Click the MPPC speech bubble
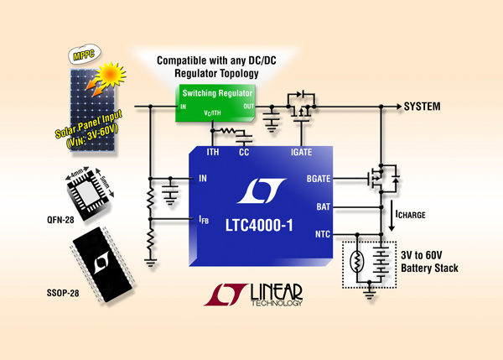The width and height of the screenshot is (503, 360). click(x=85, y=54)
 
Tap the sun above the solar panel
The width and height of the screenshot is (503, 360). click(x=110, y=75)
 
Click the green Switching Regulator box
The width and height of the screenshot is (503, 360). click(x=215, y=102)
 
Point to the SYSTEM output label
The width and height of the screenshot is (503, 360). click(x=422, y=107)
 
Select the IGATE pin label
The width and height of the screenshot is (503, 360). click(x=301, y=152)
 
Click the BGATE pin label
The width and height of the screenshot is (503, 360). click(x=319, y=179)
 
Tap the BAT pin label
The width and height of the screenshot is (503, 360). click(x=323, y=206)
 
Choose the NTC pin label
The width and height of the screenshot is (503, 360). click(x=323, y=234)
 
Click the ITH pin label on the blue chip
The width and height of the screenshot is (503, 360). click(x=213, y=152)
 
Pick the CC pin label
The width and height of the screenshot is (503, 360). click(x=244, y=152)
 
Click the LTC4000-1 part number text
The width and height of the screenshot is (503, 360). click(x=259, y=225)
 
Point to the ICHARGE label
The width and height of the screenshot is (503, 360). click(x=410, y=214)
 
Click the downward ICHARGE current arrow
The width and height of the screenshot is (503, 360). click(x=392, y=216)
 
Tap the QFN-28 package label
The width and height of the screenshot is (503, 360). click(x=60, y=220)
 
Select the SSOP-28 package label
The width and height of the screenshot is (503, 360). click(x=63, y=293)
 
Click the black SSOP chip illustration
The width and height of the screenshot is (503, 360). click(x=102, y=264)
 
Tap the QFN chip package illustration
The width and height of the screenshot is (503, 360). click(x=89, y=193)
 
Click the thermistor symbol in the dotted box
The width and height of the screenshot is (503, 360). click(x=357, y=261)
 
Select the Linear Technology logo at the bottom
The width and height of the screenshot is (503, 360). click(x=253, y=295)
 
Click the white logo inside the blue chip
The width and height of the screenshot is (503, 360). click(x=261, y=190)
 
